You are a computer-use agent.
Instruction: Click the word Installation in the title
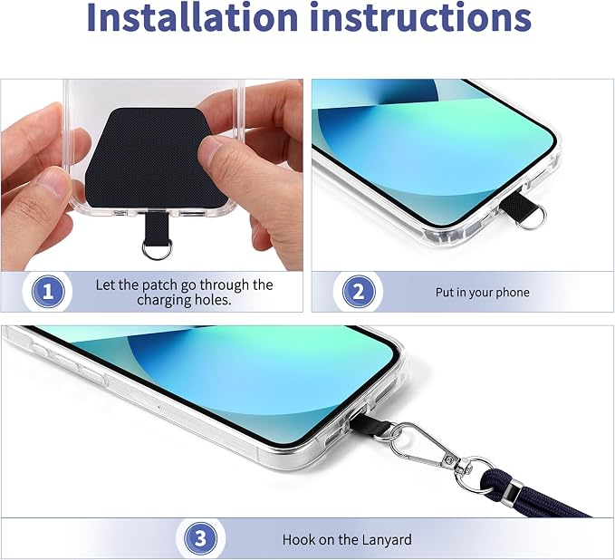coord(192,16)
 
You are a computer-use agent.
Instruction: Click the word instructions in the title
coord(420,16)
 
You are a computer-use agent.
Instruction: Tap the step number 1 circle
coord(48,292)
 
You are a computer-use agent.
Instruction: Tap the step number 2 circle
coord(359,292)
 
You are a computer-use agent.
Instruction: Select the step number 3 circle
coord(201,539)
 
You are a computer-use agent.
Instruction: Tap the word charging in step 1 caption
coord(164,300)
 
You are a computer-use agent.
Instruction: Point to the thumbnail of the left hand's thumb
coord(55,181)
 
